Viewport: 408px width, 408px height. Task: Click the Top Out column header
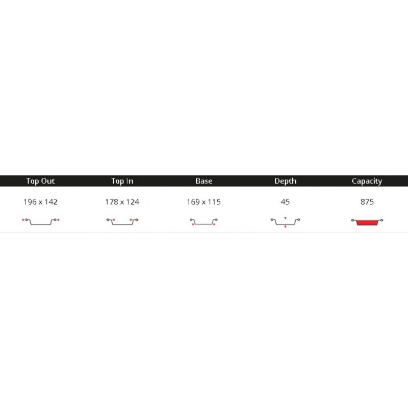point(40,181)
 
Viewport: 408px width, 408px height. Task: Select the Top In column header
point(122,181)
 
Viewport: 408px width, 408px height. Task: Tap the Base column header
point(203,181)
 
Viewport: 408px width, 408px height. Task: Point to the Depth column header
point(285,181)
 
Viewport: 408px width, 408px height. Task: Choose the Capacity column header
point(367,181)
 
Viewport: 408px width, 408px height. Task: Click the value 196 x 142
point(40,202)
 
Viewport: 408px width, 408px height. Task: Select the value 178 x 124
point(122,202)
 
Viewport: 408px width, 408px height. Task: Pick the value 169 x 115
point(203,202)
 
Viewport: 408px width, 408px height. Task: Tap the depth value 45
point(285,202)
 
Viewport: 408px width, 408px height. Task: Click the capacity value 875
point(367,202)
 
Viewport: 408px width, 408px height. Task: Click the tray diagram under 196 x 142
point(40,221)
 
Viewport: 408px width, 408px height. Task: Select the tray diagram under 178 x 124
point(122,221)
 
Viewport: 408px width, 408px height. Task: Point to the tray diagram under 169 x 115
point(203,222)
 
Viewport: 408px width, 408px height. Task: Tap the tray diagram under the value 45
point(285,222)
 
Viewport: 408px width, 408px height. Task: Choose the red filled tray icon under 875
point(367,222)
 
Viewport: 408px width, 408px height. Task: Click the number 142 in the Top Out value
point(50,202)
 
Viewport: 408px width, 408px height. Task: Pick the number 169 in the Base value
point(193,202)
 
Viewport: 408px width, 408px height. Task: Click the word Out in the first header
point(48,181)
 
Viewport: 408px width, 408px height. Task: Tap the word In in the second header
point(130,181)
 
